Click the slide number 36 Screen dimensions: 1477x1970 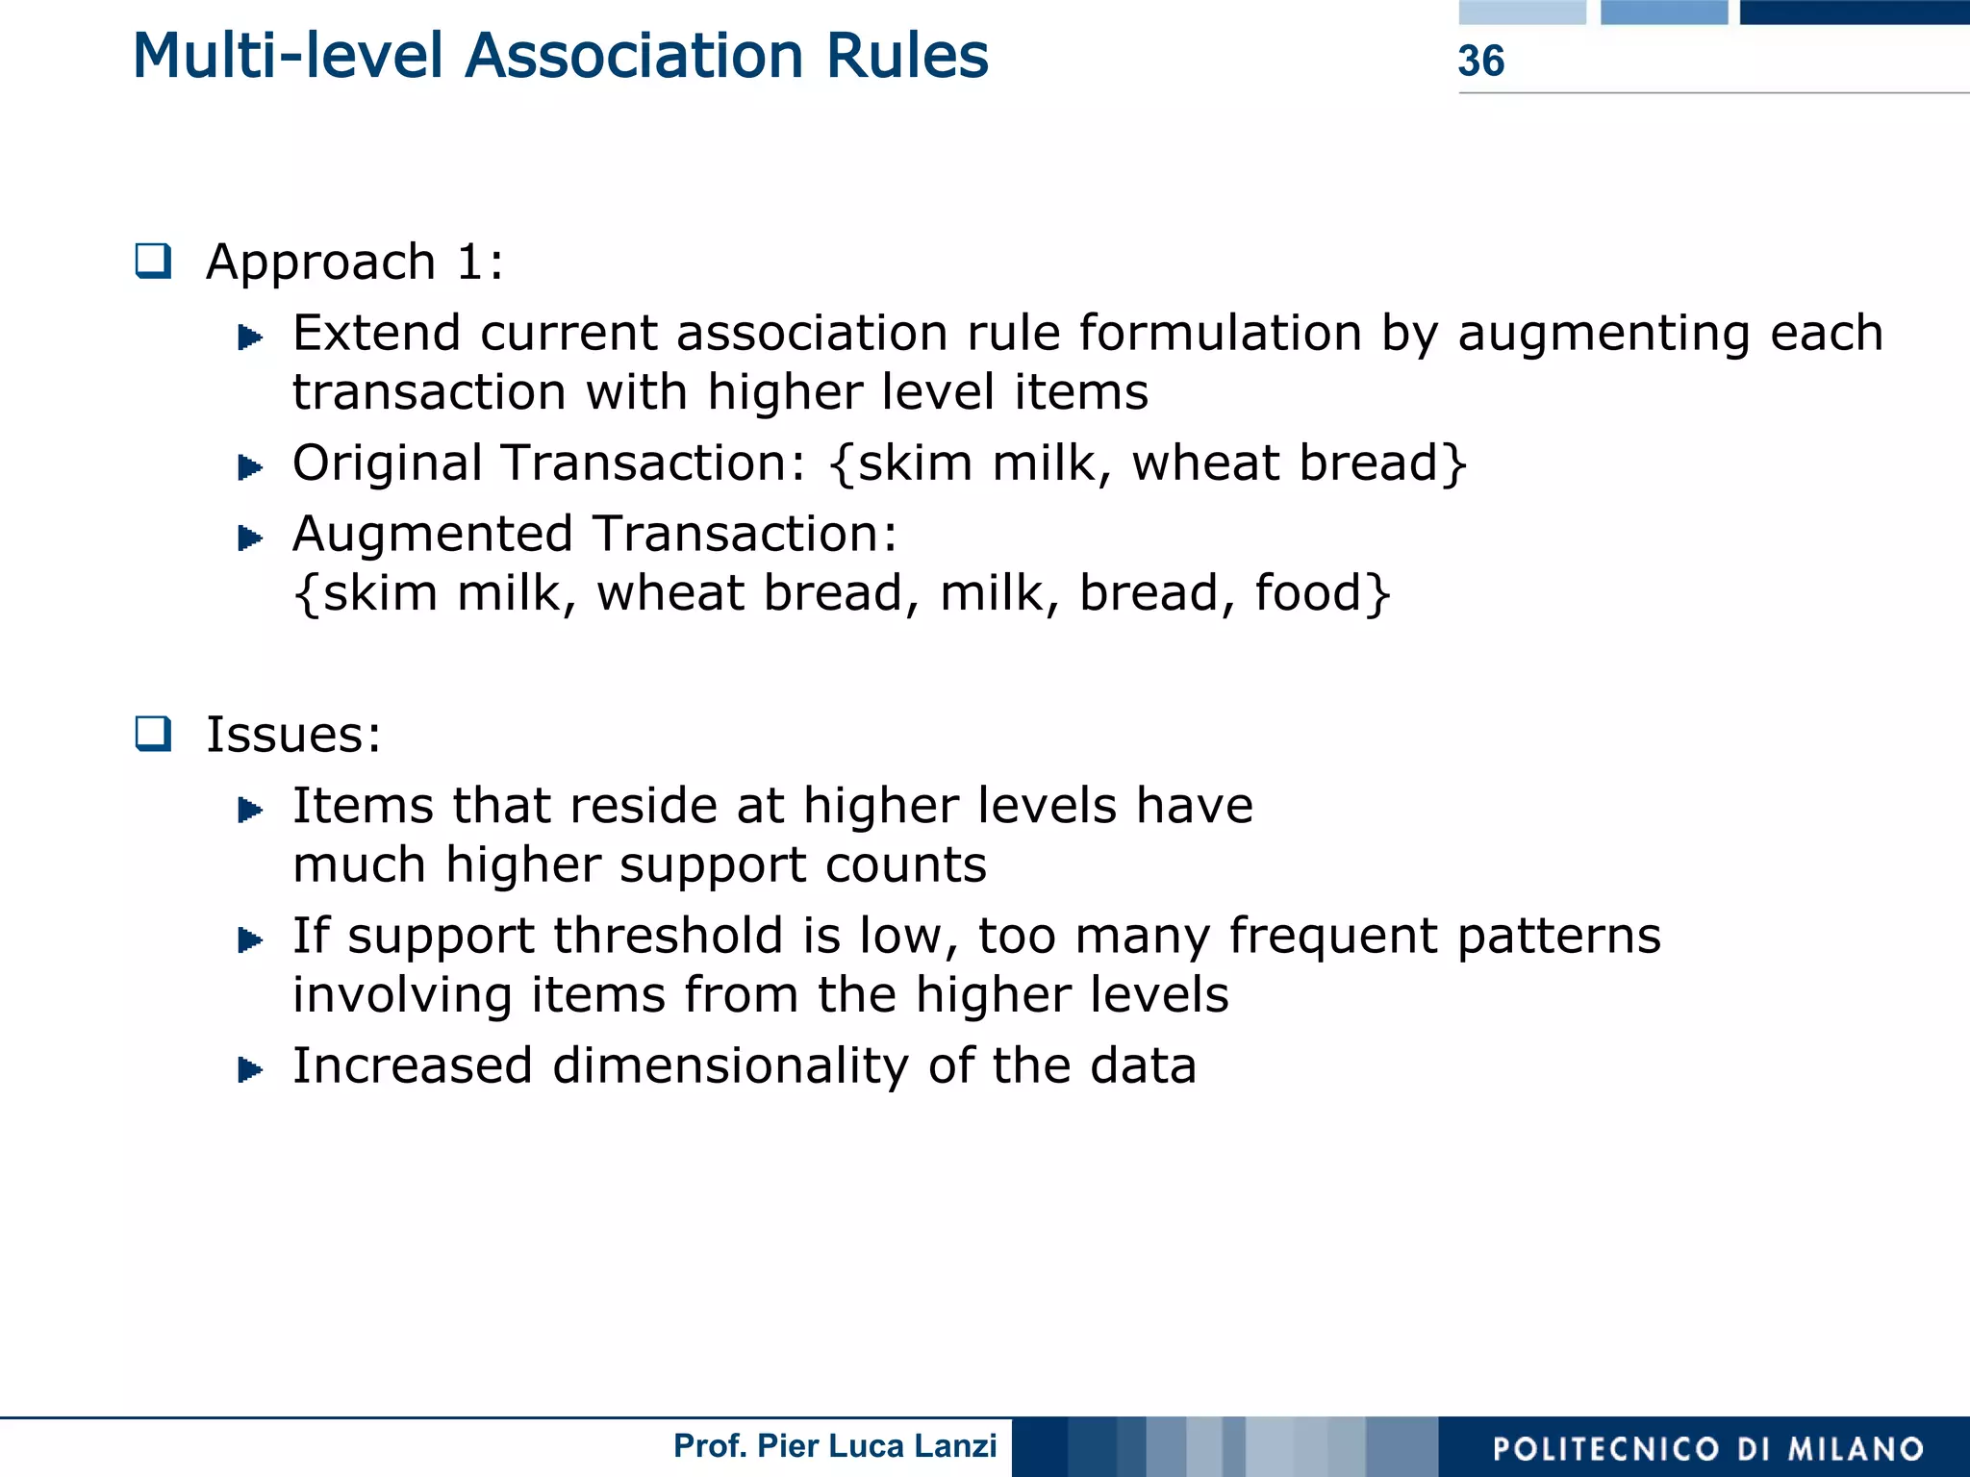point(1480,61)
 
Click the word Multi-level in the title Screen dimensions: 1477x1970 point(290,56)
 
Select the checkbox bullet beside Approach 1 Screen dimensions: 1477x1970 point(153,261)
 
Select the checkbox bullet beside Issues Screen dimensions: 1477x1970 point(153,734)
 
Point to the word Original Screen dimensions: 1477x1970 point(388,463)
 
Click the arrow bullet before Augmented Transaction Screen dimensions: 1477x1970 point(250,538)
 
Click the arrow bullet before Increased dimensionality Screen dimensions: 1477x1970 point(250,1069)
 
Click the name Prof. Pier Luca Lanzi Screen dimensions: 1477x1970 point(834,1446)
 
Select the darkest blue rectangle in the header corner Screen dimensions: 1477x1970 point(1854,12)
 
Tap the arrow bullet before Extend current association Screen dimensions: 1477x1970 point(250,338)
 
